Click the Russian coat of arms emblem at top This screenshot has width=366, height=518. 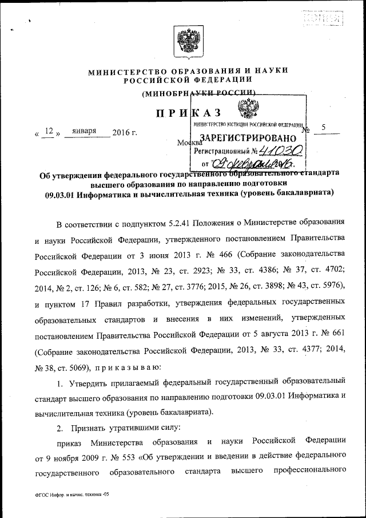(186, 43)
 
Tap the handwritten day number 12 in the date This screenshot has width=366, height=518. (49, 132)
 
